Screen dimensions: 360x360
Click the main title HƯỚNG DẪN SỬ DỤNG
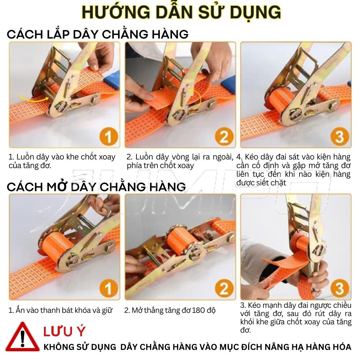[181, 13]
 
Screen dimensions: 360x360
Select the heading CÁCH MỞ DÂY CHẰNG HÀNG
[96, 186]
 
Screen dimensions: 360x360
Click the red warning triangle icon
[22, 338]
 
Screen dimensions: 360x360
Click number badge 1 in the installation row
[108, 137]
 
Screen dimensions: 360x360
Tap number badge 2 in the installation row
[224, 137]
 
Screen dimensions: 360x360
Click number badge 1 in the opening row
[108, 289]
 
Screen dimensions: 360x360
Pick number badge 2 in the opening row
[224, 289]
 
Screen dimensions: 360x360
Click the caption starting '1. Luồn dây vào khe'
[62, 161]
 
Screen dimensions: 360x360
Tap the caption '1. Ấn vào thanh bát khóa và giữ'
[60, 310]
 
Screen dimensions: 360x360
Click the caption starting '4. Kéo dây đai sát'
[293, 170]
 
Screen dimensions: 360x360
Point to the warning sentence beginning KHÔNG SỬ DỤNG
[197, 347]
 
